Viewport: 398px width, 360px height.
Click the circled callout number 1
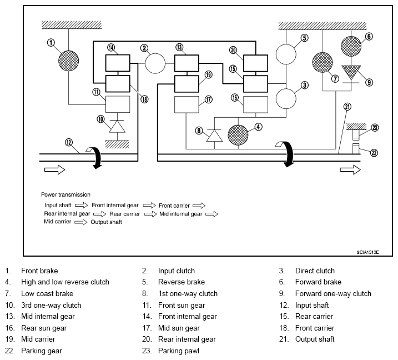click(52, 42)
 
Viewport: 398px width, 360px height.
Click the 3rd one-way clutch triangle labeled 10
click(117, 127)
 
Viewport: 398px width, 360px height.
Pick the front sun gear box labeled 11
click(117, 104)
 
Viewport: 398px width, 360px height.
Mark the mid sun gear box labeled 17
click(186, 105)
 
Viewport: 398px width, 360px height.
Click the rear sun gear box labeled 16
click(256, 105)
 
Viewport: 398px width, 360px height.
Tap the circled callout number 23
click(375, 127)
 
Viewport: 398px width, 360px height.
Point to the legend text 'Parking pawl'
click(177, 351)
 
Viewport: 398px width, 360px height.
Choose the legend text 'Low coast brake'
click(47, 293)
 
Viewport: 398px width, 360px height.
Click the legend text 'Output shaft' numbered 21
click(315, 339)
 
